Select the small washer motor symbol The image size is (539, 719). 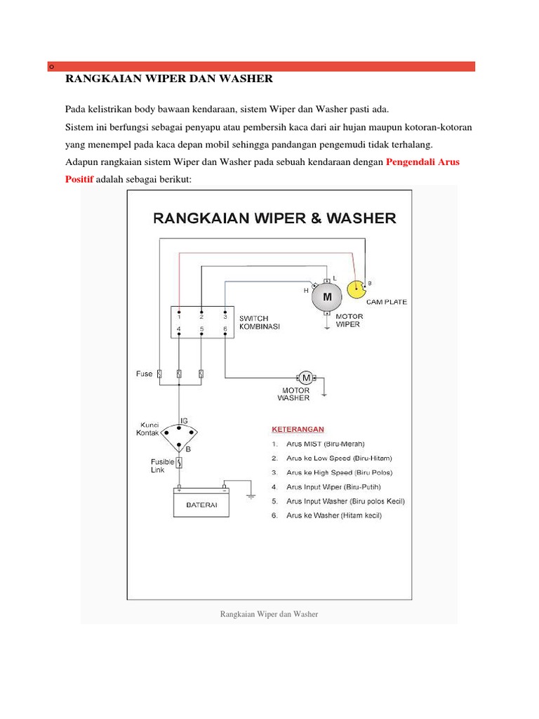pos(306,378)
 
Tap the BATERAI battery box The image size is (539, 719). pos(201,505)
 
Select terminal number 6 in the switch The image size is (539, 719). pos(225,328)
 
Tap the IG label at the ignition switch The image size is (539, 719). pos(184,420)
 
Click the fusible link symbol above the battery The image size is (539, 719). pos(179,463)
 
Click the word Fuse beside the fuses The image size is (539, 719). pos(144,374)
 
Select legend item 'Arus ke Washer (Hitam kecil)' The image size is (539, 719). pos(334,515)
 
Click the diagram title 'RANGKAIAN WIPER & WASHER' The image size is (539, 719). pos(274,218)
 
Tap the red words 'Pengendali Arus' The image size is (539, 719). pos(422,162)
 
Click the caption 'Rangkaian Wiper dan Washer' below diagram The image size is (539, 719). pos(269,614)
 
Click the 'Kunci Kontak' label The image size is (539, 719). pos(149,429)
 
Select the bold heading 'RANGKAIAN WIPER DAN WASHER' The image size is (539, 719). pos(168,79)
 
